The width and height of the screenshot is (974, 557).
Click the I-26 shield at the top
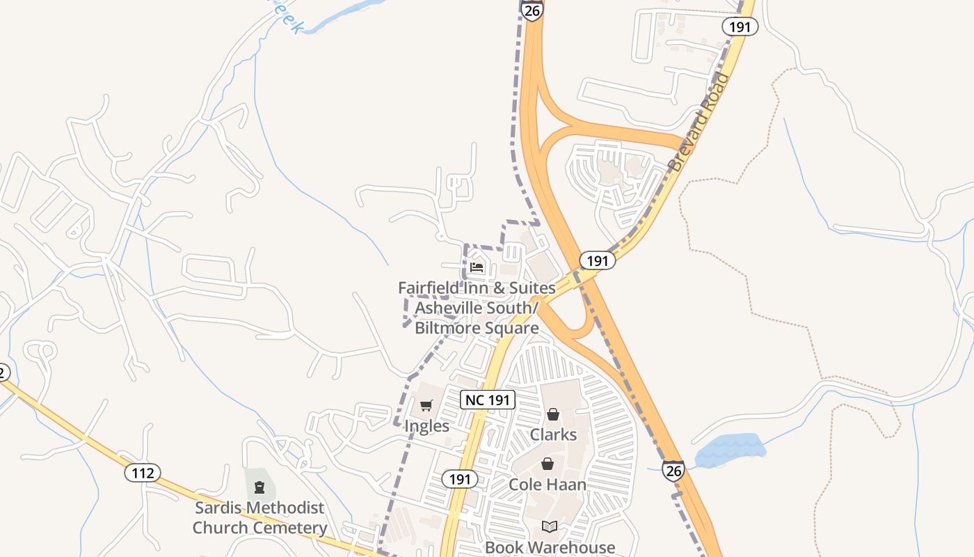tap(532, 10)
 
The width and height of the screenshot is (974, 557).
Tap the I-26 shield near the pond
tap(673, 471)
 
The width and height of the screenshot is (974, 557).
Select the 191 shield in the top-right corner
tap(739, 26)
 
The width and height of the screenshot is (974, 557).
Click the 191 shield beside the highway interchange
tap(597, 260)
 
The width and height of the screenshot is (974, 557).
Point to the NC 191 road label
tap(488, 400)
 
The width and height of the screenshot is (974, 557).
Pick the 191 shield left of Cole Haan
tap(459, 479)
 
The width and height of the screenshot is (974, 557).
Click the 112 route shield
tap(143, 473)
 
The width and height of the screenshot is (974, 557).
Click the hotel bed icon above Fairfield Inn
tap(477, 267)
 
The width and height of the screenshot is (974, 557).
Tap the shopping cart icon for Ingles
tap(426, 406)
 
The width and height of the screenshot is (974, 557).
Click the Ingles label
tap(426, 425)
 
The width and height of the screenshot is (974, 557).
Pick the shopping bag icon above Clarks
tap(553, 415)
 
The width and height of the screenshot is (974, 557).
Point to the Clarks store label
tap(553, 434)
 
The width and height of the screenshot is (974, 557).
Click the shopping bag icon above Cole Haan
tap(548, 464)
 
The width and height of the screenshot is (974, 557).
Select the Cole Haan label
tap(548, 484)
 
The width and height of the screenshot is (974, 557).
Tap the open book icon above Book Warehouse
tap(550, 526)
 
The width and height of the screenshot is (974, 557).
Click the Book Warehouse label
tap(550, 547)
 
